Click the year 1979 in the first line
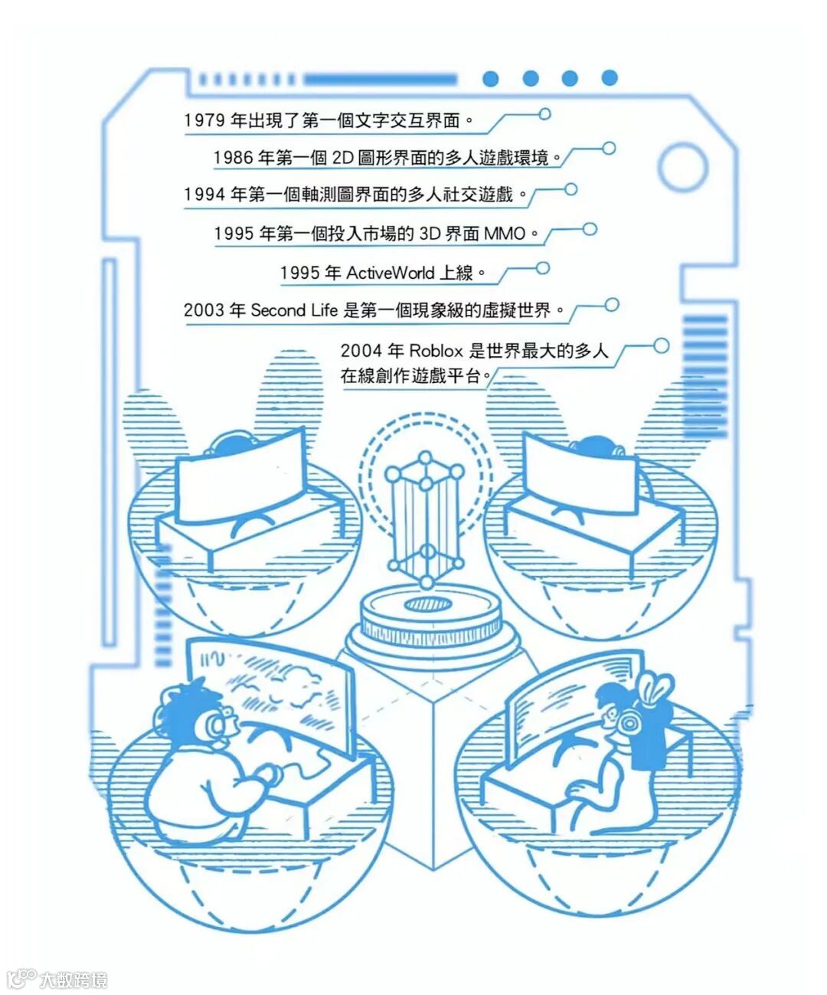click(x=204, y=120)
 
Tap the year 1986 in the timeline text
click(x=233, y=158)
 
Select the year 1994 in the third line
click(x=204, y=195)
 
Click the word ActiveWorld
click(x=391, y=273)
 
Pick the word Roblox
click(x=436, y=351)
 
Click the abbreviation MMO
click(x=505, y=233)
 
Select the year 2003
click(x=204, y=310)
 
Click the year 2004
click(x=361, y=351)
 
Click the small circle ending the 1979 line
click(x=544, y=114)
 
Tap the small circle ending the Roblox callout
click(x=661, y=346)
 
